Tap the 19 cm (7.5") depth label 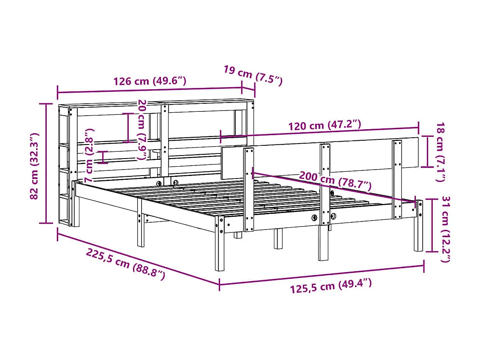[253, 76]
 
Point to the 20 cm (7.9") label [142, 130]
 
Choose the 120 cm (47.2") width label [325, 125]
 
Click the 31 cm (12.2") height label [446, 229]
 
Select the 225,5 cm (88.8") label [125, 264]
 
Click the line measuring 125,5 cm [322, 275]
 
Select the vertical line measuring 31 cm [432, 225]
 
